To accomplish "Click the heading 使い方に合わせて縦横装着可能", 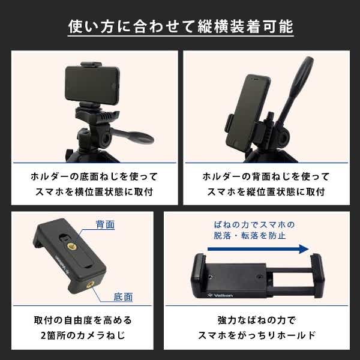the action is [x=181, y=26].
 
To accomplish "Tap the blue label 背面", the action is [x=105, y=224].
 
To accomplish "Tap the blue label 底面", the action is [x=123, y=297].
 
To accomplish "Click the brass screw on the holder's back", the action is [x=72, y=247].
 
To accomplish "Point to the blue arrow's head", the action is [x=304, y=249].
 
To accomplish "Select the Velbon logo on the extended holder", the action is [x=220, y=295].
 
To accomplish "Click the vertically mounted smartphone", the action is [x=247, y=112].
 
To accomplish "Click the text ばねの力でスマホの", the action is [x=254, y=224].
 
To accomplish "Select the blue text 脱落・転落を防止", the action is [x=250, y=235].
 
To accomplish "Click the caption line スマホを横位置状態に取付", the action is [x=94, y=191].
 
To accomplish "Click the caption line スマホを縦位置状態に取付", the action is [x=266, y=191].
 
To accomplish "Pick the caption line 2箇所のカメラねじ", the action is [x=83, y=335].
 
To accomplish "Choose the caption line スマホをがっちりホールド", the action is [x=257, y=335].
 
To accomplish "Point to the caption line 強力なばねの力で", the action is [x=257, y=320].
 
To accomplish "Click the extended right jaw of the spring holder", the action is [x=318, y=275].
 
